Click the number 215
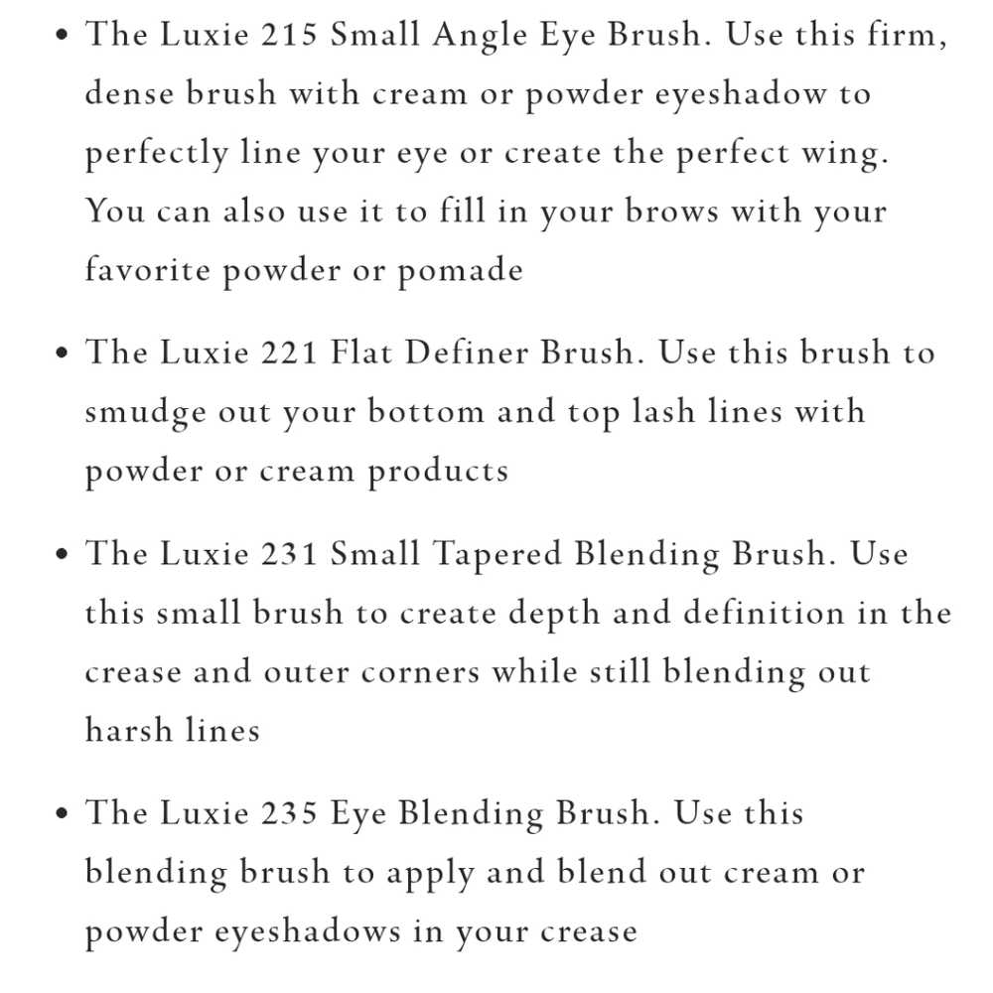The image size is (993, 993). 289,34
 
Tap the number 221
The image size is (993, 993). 289,353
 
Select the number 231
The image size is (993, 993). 289,553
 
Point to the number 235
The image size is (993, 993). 289,812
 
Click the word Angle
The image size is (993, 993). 480,36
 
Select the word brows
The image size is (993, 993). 672,211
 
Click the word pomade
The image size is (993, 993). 461,272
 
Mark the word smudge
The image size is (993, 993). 146,413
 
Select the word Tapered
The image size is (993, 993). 497,555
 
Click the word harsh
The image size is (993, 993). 129,730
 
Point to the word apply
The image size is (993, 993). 430,874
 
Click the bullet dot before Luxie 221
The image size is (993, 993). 62,353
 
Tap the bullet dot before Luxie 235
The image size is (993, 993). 62,813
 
